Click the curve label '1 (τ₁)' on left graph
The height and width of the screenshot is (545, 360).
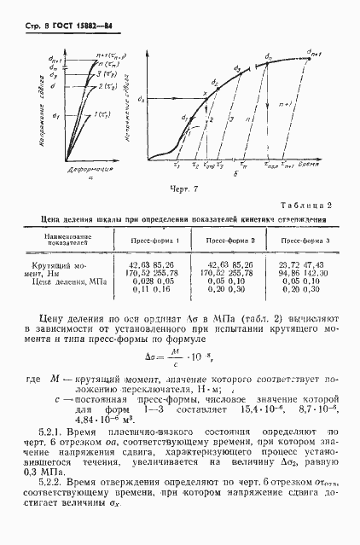point(102,114)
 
